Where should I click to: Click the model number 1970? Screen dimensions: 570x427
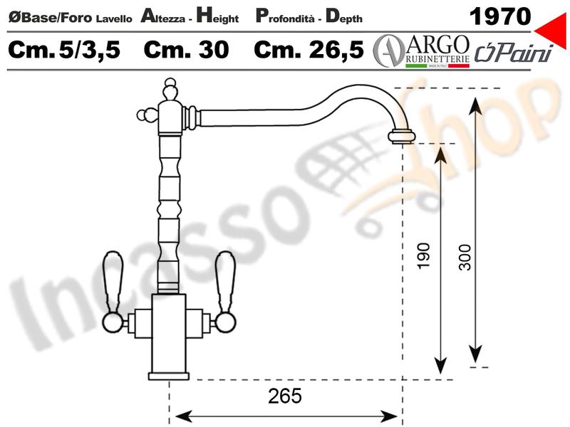click(x=500, y=16)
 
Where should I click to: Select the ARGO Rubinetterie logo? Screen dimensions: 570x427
click(x=422, y=51)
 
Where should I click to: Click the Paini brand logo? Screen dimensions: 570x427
click(x=514, y=53)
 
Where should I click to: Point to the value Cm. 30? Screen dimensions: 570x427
click(x=186, y=50)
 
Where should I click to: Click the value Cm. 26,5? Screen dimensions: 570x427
click(x=309, y=50)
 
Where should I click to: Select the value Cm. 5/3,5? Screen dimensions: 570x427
click(x=64, y=50)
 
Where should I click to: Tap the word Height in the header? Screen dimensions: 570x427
click(x=217, y=16)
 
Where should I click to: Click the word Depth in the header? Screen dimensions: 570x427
click(x=344, y=16)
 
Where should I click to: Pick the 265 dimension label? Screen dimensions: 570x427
click(x=284, y=396)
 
